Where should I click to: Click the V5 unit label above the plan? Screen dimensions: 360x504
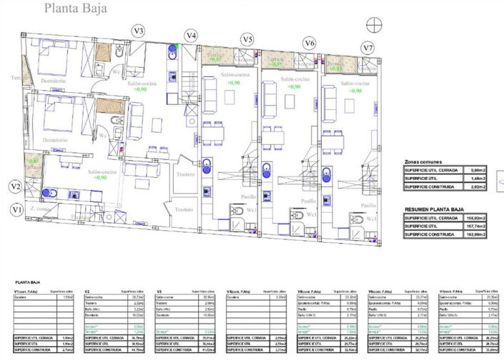pyautogui.click(x=247, y=39)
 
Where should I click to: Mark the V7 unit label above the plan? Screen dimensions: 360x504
pyautogui.click(x=367, y=48)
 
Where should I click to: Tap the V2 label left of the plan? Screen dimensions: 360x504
pyautogui.click(x=15, y=186)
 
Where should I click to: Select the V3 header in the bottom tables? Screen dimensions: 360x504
pyautogui.click(x=159, y=291)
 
